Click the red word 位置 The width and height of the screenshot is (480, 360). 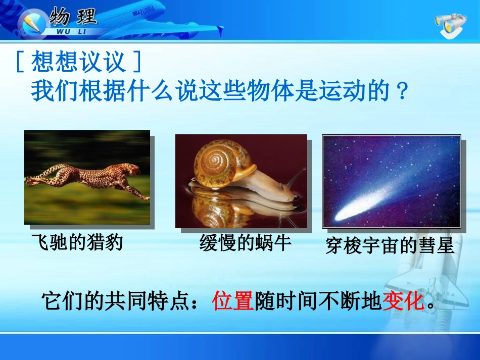pos(233,301)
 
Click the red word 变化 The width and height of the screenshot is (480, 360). pos(403,301)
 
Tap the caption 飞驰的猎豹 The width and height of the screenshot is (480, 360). pos(77,243)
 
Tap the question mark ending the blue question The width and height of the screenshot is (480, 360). pos(403,92)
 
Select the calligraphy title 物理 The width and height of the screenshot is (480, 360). pos(73,18)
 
